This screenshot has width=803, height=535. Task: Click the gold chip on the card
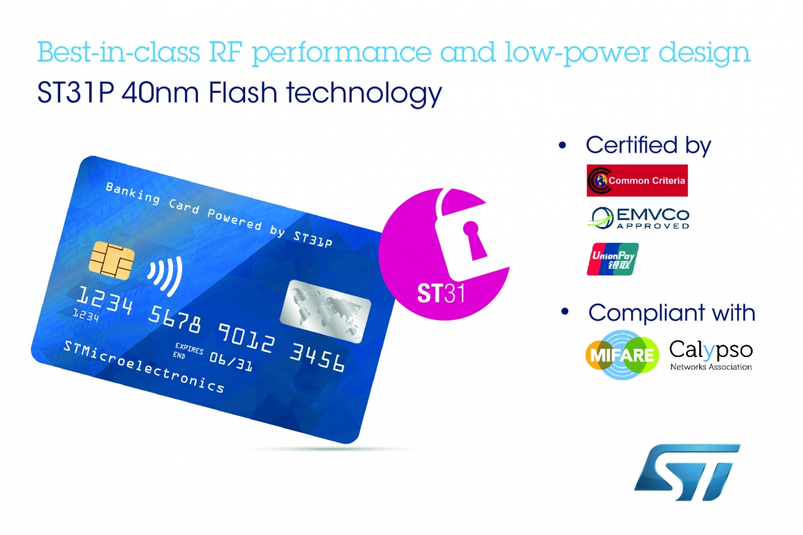point(111,260)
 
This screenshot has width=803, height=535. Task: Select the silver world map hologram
point(325,311)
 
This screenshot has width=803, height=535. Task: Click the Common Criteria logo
point(637,180)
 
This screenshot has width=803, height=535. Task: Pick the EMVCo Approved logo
point(639,217)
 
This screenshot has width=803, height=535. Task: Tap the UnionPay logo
point(613,259)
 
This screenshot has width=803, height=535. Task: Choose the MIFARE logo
point(622,354)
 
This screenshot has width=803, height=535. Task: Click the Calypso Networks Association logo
point(711,355)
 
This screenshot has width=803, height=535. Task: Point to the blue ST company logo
point(687,472)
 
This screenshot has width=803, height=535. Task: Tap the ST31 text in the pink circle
point(441,293)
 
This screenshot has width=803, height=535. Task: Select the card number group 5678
point(175,318)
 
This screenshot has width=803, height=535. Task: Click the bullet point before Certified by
point(562,145)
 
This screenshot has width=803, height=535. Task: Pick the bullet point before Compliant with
point(565,311)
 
